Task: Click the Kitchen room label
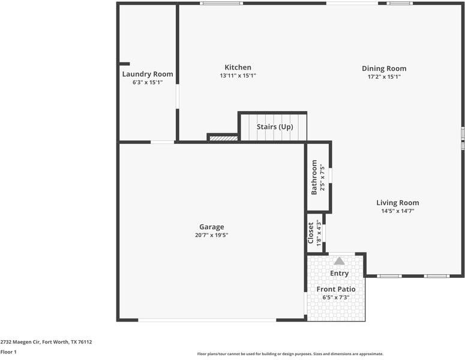[x=238, y=67]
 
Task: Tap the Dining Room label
[x=384, y=68]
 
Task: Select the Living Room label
[x=398, y=203]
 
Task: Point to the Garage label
[x=211, y=227]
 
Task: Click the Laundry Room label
[x=148, y=74]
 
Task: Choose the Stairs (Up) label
[x=275, y=127]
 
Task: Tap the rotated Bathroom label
[x=314, y=178]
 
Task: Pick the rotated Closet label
[x=310, y=233]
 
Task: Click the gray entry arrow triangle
[x=339, y=261]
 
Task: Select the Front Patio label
[x=336, y=289]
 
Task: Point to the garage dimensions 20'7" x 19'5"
[x=211, y=235]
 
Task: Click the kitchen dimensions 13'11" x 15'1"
[x=238, y=76]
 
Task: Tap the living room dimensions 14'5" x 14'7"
[x=398, y=211]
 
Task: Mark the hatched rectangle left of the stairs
[x=224, y=139]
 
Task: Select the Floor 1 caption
[x=8, y=352]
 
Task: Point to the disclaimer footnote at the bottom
[x=290, y=354]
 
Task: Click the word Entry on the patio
[x=339, y=274]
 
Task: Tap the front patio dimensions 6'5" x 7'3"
[x=336, y=298]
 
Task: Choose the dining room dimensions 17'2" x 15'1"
[x=385, y=77]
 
